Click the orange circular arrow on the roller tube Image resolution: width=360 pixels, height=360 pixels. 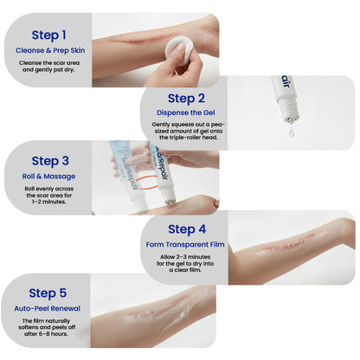pyautogui.click(x=155, y=178)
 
